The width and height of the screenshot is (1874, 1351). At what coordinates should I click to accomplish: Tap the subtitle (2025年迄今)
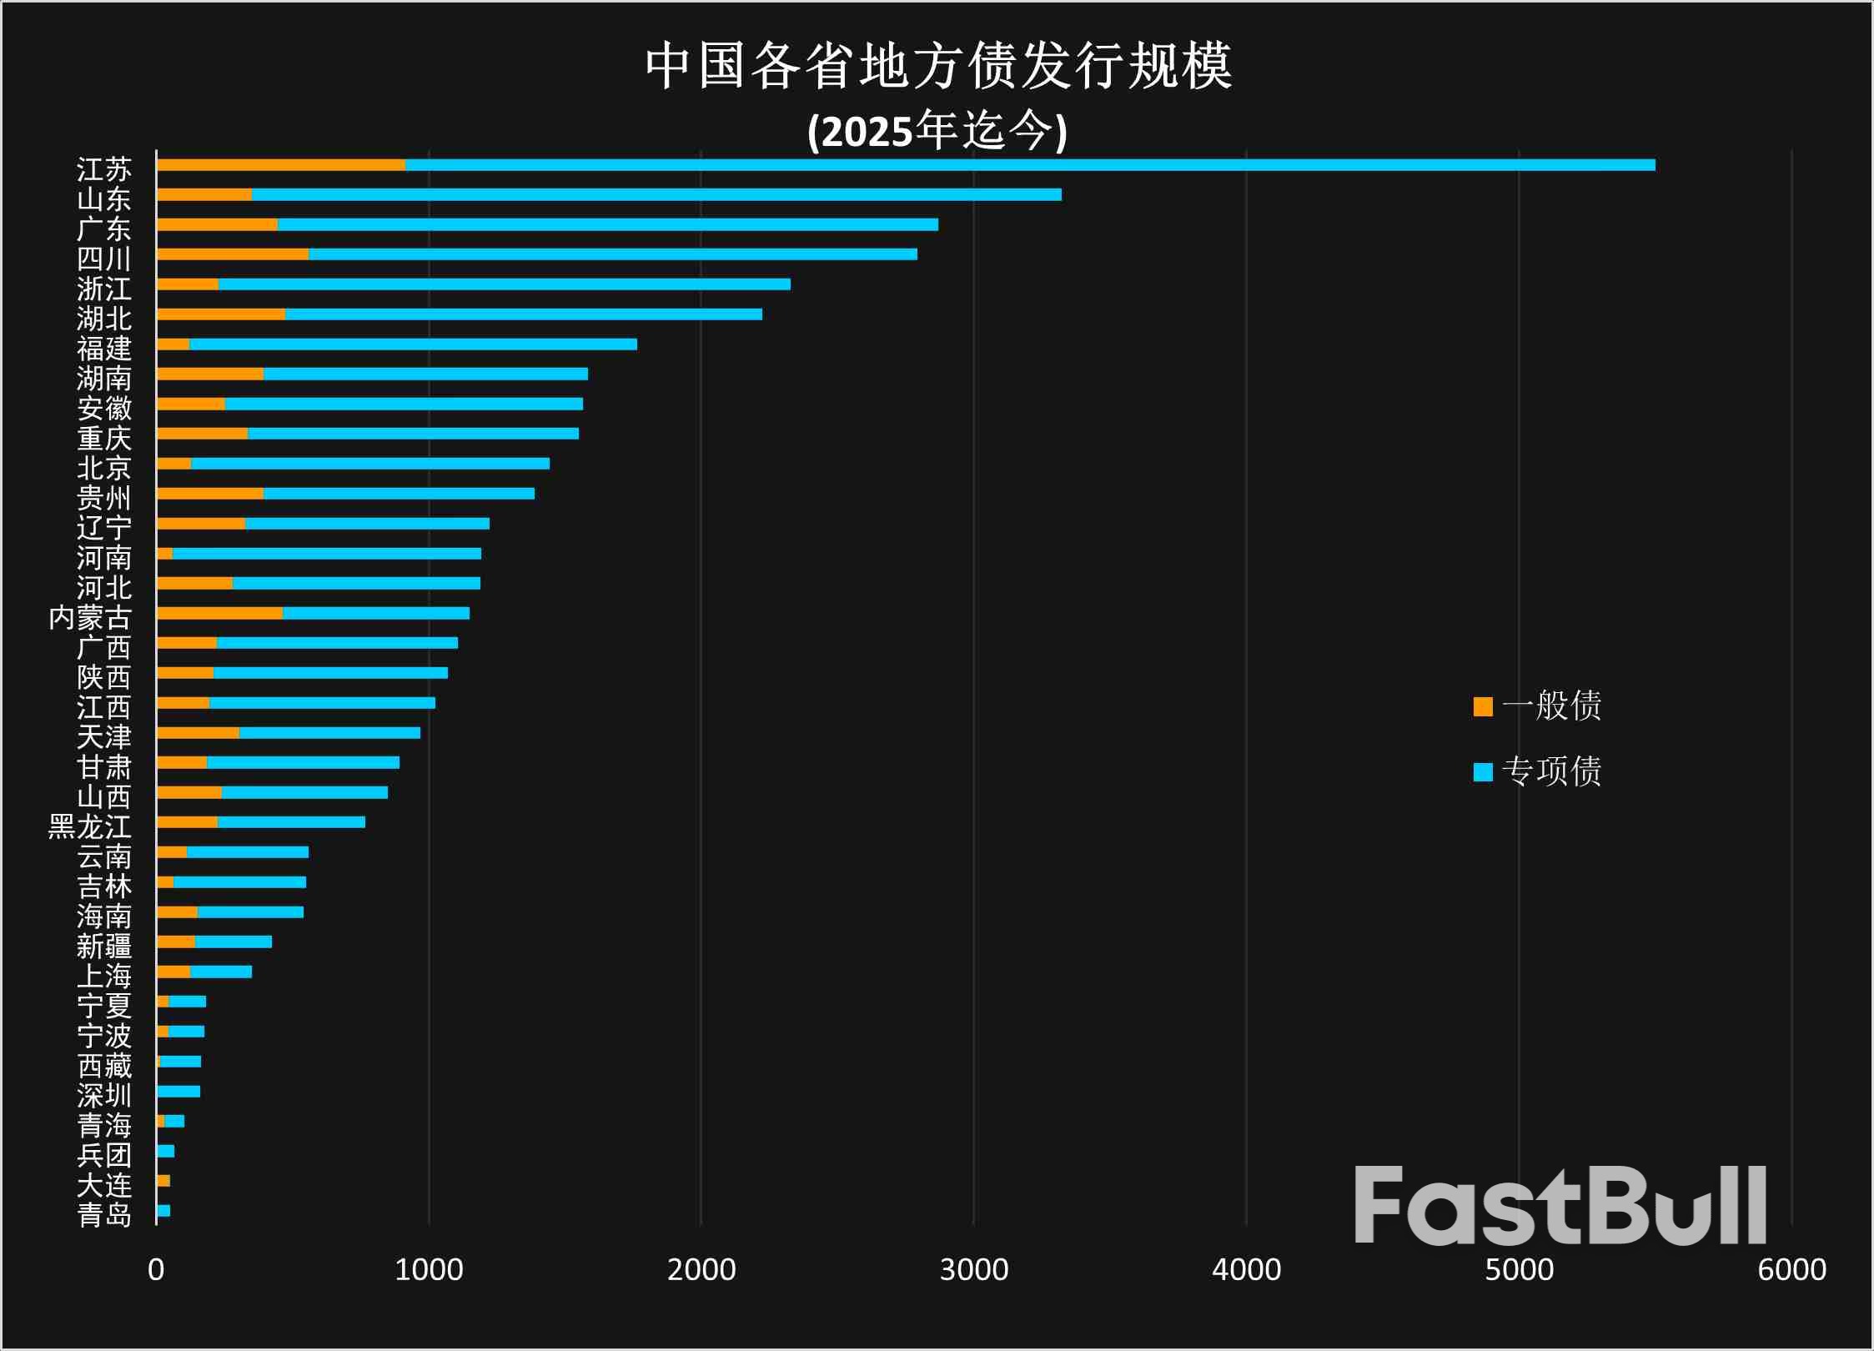[937, 131]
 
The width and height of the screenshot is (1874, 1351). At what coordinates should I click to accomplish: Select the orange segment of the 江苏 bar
[280, 165]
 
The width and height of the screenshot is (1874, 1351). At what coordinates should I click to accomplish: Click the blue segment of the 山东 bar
[656, 194]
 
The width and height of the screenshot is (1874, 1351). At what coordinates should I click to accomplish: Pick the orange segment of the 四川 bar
[232, 254]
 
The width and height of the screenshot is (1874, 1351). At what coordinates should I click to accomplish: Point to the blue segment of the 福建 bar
[413, 344]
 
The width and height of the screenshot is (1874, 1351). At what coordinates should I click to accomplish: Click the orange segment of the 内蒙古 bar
[219, 614]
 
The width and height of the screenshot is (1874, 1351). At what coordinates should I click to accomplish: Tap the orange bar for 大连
[163, 1181]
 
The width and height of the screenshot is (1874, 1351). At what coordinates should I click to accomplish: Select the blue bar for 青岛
[163, 1211]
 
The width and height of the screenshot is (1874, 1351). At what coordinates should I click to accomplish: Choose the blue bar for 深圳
[178, 1092]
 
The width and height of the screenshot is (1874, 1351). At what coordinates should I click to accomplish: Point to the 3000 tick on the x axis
[973, 1270]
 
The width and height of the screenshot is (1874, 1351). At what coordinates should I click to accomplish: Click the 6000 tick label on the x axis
[1791, 1270]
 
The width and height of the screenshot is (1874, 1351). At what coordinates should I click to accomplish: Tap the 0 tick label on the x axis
[156, 1270]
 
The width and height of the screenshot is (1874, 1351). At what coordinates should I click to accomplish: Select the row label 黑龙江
[90, 826]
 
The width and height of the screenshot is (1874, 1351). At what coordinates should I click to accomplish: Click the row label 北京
[104, 468]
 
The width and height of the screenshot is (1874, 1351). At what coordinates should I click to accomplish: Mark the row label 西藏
[104, 1066]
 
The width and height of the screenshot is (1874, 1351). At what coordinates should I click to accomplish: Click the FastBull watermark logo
[1560, 1206]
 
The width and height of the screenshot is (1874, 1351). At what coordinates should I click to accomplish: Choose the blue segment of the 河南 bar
[326, 554]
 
